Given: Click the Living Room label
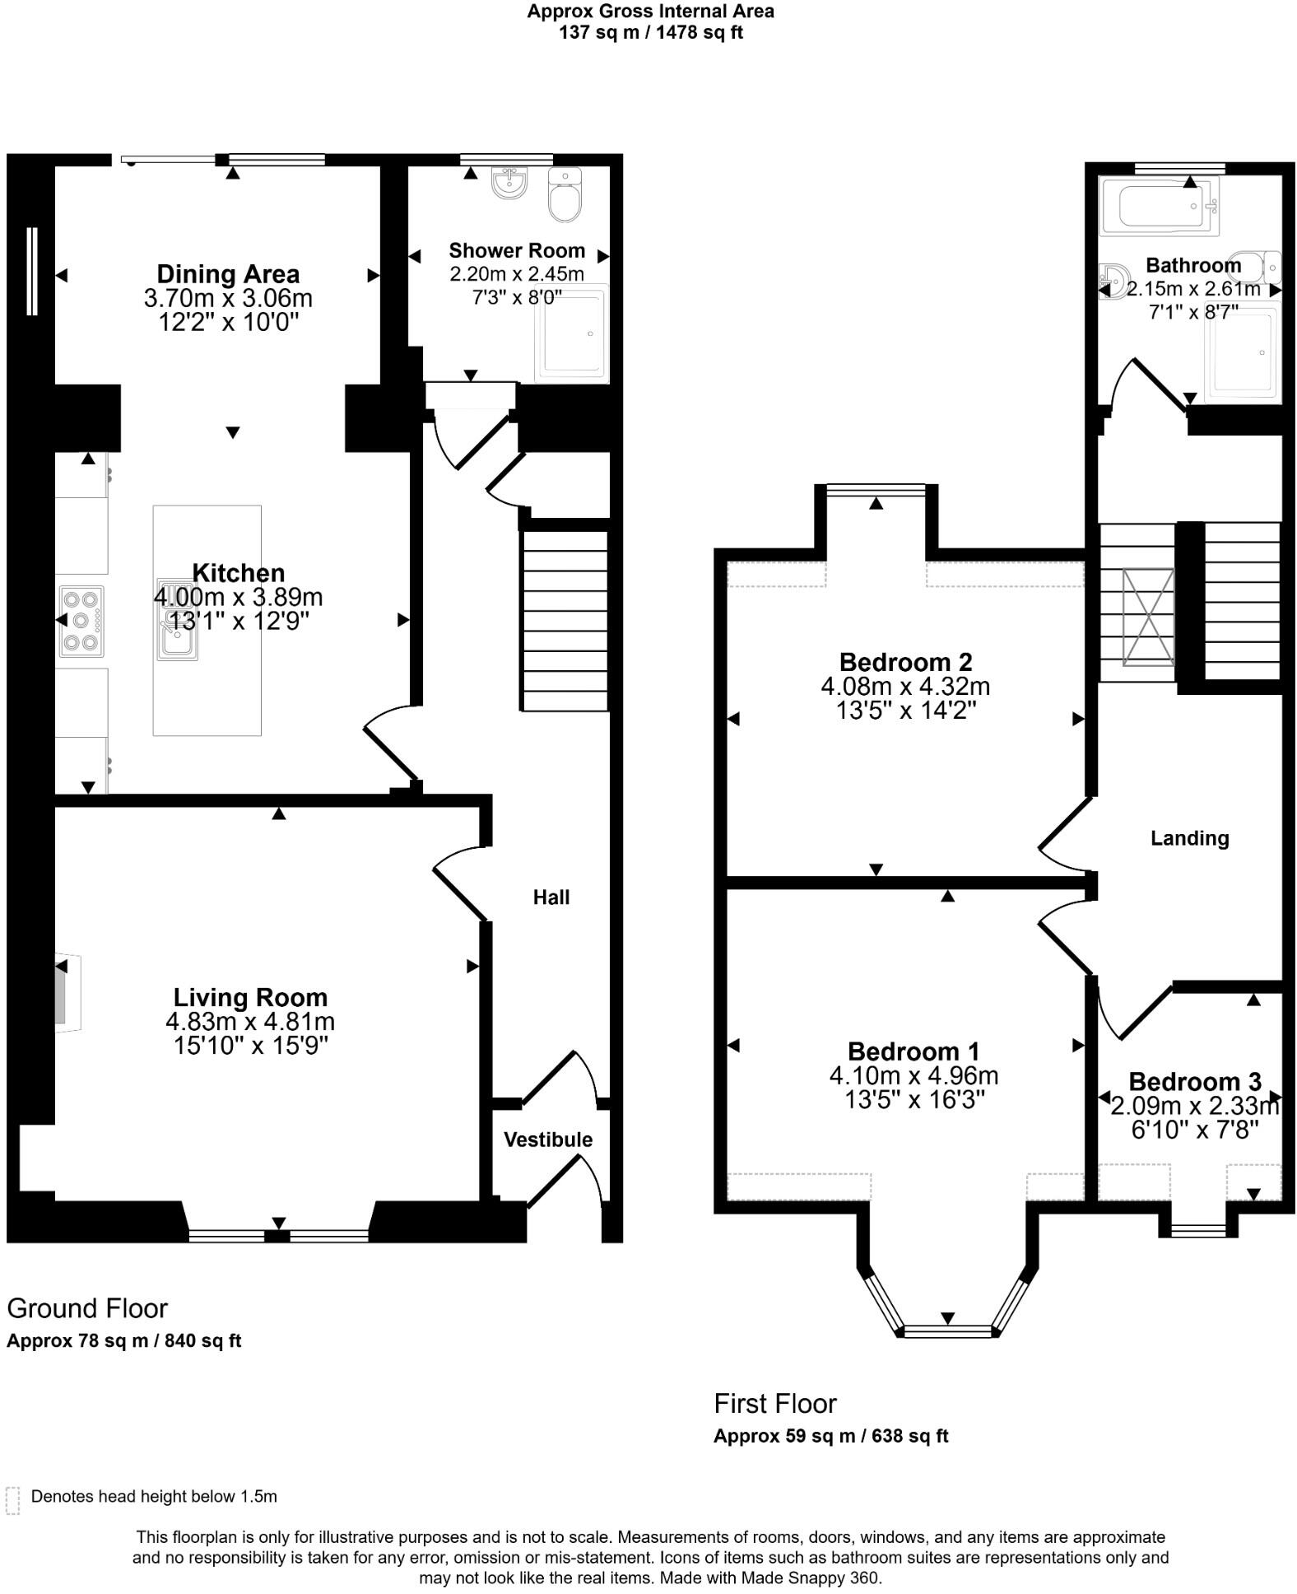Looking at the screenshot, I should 250,998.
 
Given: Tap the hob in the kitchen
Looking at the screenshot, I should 81,621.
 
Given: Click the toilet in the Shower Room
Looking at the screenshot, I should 565,194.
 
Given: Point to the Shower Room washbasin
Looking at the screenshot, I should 509,183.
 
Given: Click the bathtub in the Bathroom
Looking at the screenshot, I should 1159,206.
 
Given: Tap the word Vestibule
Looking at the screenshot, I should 548,1140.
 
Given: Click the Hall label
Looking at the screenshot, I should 551,897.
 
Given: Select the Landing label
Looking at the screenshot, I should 1189,838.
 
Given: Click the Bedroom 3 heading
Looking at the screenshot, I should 1194,1081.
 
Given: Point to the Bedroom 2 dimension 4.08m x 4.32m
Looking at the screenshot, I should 904,686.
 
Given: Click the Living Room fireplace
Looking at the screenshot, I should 66,992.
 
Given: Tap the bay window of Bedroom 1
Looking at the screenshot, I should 947,1330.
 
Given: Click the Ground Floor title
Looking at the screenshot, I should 87,1308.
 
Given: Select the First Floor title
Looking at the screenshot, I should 774,1403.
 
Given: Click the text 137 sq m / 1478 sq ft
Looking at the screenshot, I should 650,33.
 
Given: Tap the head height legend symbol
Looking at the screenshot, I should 12,1500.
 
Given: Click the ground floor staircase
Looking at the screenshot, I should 565,621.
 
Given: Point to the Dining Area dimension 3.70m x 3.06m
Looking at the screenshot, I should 228,298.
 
